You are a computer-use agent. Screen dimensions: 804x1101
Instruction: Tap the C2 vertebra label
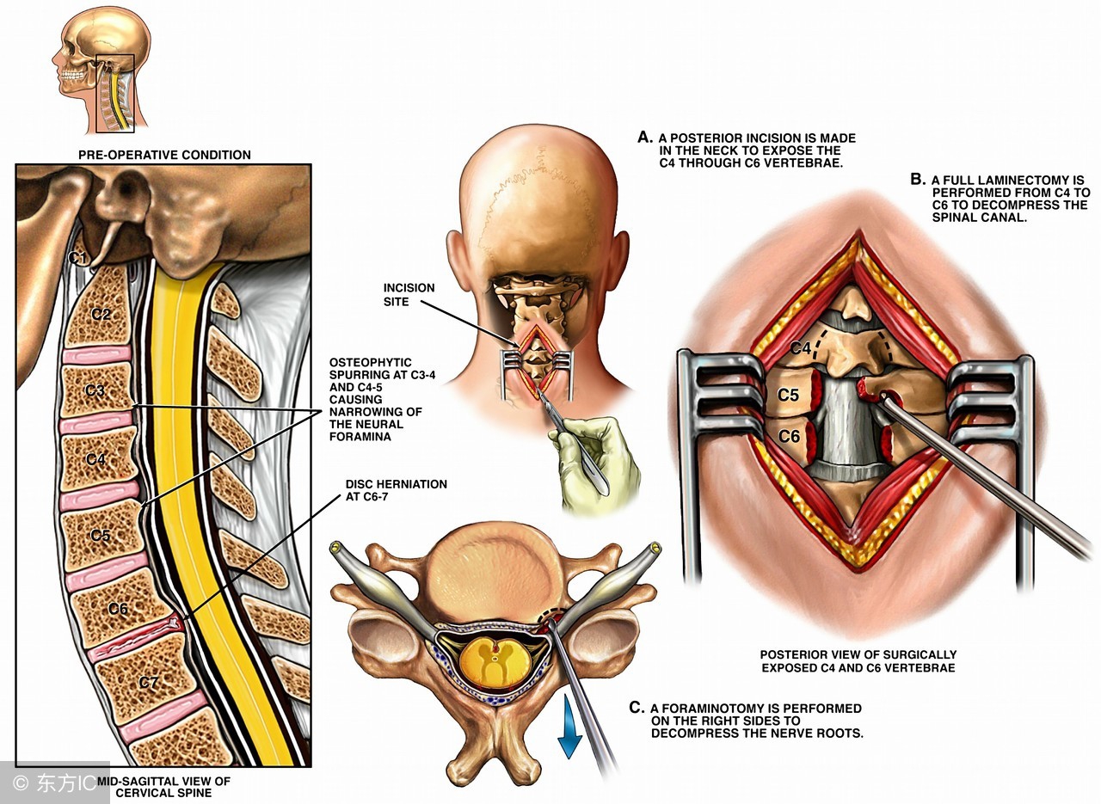101,314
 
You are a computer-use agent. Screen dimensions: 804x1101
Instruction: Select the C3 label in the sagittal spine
96,390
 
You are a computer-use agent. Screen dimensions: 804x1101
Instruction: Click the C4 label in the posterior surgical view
800,349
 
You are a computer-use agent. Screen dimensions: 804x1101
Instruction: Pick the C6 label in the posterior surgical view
790,437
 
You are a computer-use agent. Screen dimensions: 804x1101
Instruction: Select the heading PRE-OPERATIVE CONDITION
163,155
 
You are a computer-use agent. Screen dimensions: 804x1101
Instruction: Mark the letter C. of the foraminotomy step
637,709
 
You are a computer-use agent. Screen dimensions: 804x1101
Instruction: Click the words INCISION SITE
410,295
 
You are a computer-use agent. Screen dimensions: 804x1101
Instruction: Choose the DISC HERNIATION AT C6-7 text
395,491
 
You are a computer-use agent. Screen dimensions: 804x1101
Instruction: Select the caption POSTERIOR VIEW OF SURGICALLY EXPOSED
858,654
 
